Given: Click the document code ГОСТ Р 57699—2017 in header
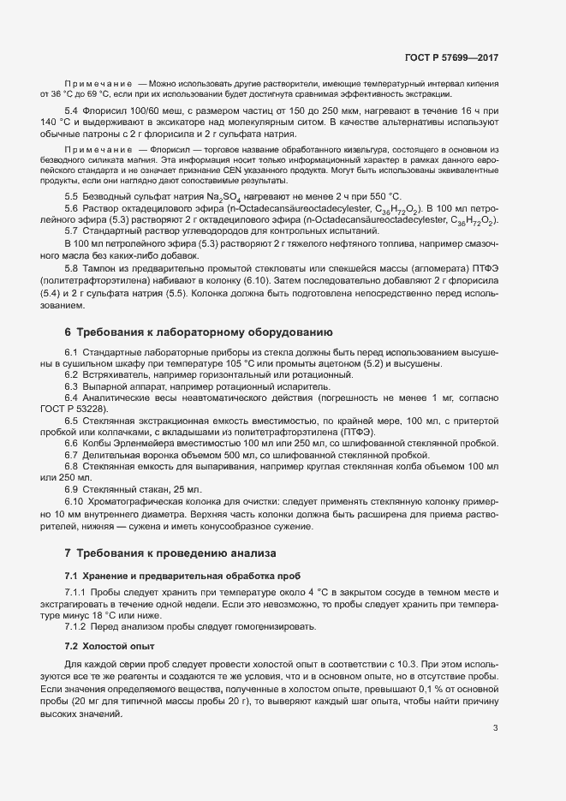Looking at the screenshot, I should (451, 58).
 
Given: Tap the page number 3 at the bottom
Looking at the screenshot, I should (495, 728).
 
